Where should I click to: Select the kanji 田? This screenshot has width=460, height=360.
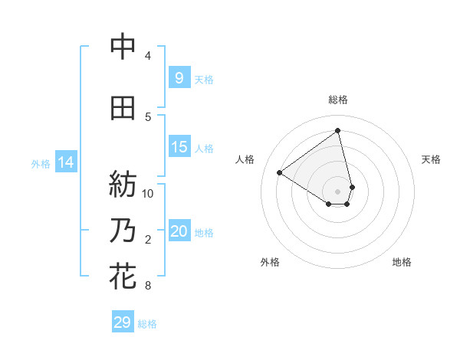click(123, 108)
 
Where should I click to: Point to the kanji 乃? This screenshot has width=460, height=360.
click(123, 230)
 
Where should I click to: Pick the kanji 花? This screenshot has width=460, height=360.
click(123, 275)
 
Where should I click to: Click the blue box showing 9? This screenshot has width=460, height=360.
click(179, 77)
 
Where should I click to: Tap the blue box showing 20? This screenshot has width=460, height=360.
click(179, 231)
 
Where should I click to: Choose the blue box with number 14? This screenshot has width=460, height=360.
click(66, 162)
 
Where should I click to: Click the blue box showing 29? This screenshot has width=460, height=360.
click(123, 322)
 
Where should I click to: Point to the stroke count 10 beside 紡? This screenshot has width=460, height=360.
click(148, 192)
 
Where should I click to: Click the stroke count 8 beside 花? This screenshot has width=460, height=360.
click(148, 286)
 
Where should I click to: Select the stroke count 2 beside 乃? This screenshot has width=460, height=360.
click(148, 240)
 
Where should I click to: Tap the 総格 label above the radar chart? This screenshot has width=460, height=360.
click(338, 100)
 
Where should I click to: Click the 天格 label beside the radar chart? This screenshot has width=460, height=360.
click(432, 159)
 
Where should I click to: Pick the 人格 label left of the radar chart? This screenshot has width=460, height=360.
click(245, 159)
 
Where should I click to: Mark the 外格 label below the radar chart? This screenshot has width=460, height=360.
click(270, 262)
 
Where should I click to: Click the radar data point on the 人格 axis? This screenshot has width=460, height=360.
click(280, 172)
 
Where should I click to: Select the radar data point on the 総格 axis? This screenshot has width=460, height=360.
click(338, 130)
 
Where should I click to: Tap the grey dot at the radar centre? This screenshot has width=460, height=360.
click(338, 191)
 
